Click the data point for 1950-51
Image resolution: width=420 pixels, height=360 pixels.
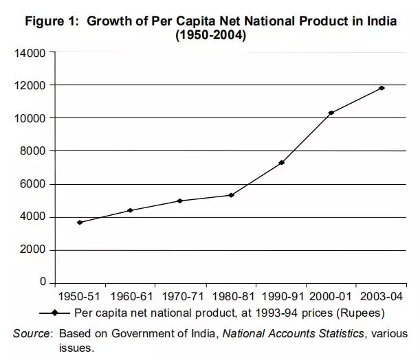point(80,223)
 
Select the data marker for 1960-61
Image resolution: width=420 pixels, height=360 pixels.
point(130,210)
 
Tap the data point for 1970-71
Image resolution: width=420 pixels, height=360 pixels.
point(179,201)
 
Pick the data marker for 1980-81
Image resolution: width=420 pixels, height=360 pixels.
point(231,195)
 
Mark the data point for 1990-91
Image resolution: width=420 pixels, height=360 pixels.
point(281,162)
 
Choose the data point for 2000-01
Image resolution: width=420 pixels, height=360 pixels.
point(331,113)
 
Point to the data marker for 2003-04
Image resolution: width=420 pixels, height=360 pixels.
point(382,88)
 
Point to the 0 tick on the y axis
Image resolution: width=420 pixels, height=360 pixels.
point(43,283)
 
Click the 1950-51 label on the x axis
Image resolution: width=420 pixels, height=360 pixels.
point(80,299)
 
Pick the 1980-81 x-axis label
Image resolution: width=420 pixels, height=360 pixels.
point(230,299)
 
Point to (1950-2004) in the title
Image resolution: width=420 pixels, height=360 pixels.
point(212,35)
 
